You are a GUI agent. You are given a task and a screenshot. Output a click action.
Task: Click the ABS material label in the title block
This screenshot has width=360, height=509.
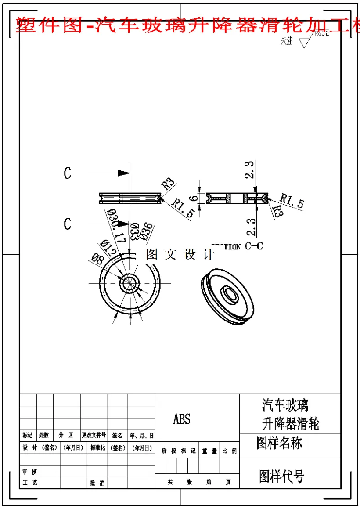tap(182, 419)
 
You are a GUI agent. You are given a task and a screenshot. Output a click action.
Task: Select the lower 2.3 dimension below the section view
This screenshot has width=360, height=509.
tap(251, 227)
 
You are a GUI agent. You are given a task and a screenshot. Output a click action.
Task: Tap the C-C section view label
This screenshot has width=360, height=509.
tap(254, 246)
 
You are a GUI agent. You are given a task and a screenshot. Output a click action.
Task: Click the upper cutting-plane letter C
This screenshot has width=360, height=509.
tap(67, 173)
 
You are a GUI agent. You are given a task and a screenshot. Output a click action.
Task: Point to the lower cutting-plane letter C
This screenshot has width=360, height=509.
tap(67, 224)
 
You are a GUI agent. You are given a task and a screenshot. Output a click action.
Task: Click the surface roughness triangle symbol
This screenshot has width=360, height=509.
tap(304, 43)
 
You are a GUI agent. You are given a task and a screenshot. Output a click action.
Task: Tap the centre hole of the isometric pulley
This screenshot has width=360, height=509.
tap(229, 293)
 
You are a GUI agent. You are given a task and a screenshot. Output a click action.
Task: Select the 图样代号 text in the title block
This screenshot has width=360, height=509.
tap(281, 476)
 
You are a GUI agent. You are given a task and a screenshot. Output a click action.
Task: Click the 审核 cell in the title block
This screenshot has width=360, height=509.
tap(29, 471)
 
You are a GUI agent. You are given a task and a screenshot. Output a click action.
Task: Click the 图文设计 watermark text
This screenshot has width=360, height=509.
tap(180, 254)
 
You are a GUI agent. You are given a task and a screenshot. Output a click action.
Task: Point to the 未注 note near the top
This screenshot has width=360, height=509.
tap(287, 42)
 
